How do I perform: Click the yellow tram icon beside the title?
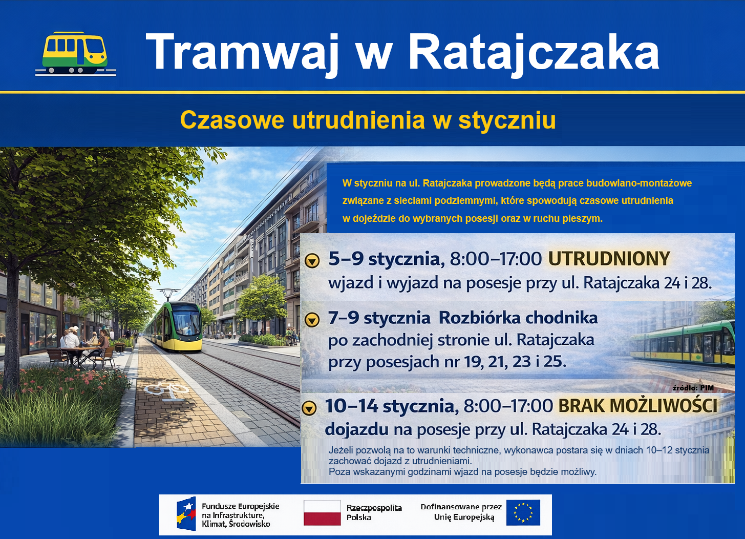75,53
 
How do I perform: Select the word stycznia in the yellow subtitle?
507,120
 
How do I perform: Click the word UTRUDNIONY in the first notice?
609,259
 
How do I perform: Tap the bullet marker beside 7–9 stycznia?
312,320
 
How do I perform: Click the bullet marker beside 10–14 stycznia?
309,408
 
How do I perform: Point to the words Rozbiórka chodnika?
518,318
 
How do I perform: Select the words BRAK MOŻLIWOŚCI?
637,406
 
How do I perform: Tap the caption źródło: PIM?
693,388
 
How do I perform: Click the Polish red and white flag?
322,513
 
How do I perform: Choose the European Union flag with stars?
523,512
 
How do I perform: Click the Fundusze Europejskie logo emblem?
186,513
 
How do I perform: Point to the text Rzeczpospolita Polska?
374,512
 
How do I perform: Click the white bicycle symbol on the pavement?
166,390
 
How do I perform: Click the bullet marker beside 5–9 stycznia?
312,261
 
